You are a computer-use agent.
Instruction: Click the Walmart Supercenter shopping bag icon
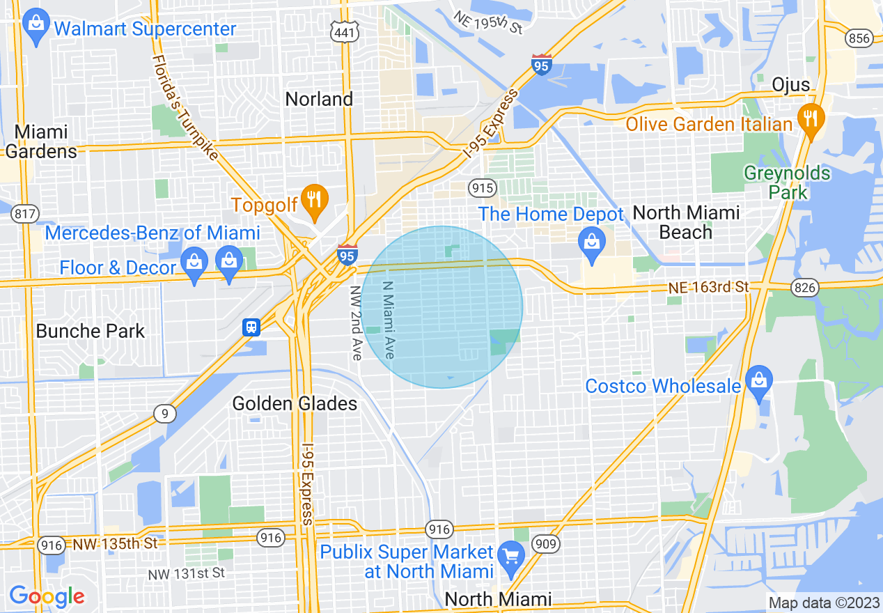coord(34,26)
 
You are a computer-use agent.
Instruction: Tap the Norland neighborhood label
coord(319,99)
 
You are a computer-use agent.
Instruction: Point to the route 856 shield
coord(859,38)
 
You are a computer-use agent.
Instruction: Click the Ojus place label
coord(791,85)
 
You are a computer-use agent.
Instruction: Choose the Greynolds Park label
coord(787,183)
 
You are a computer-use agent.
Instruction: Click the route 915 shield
coord(482,187)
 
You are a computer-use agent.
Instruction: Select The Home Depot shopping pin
coord(592,244)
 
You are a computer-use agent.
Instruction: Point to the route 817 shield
coord(25,214)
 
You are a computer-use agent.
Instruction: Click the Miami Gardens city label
coord(41,141)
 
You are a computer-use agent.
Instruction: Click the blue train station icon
coord(251,327)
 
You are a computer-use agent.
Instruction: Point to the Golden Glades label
coord(295,403)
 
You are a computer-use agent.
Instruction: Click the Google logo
coord(47,596)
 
